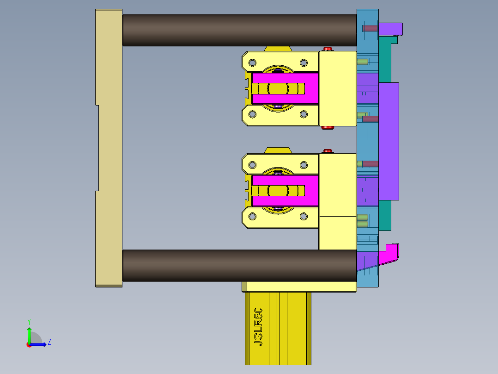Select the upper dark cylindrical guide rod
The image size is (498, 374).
pos(239,30)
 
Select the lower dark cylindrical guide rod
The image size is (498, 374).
pos(239,266)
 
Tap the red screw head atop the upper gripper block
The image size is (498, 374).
pos(328,49)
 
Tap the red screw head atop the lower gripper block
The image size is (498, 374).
pos(328,151)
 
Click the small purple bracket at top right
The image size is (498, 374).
pos(391,29)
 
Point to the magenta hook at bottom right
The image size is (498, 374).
pos(392,253)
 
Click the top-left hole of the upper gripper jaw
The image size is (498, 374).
pos(253,62)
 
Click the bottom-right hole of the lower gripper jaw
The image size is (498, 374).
pos(304,216)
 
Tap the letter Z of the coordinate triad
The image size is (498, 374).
pos(49,342)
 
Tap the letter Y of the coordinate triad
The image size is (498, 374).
pos(29,321)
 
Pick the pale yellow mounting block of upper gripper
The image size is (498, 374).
pos(338,88)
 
